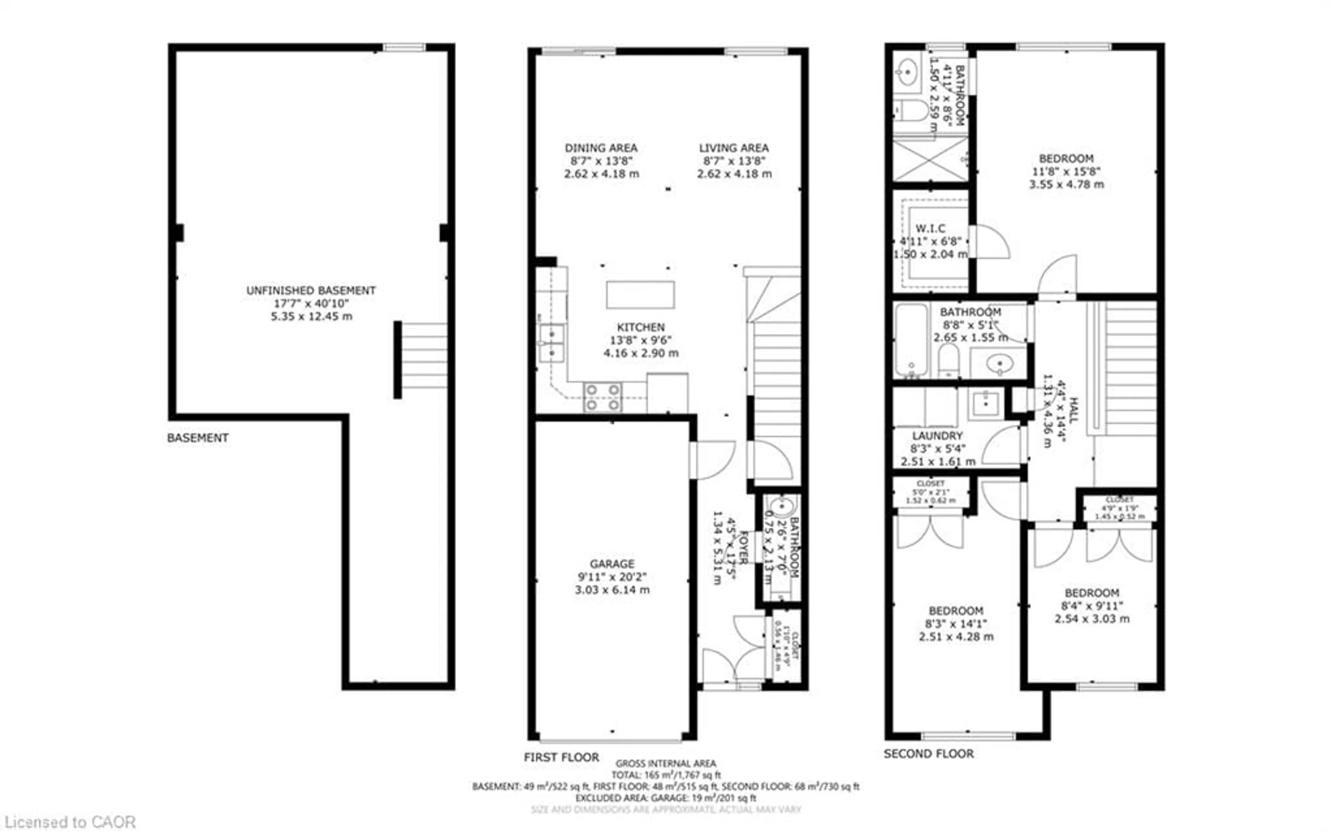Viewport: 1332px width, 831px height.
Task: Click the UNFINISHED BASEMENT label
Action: pos(311,291)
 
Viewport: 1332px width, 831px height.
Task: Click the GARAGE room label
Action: pos(612,564)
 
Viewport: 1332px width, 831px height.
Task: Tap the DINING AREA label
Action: pos(601,148)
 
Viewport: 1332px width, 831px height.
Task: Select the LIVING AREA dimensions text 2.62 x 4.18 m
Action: pos(734,174)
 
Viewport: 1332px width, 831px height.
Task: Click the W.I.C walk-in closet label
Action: pos(930,229)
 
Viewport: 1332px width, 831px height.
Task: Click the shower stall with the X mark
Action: pos(930,160)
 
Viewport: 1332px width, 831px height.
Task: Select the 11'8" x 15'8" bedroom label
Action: pos(1066,171)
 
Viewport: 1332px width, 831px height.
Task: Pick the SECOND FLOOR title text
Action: pos(929,754)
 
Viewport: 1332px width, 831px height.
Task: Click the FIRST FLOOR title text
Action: pos(561,757)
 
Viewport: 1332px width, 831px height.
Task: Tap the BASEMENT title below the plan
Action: pos(198,438)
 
